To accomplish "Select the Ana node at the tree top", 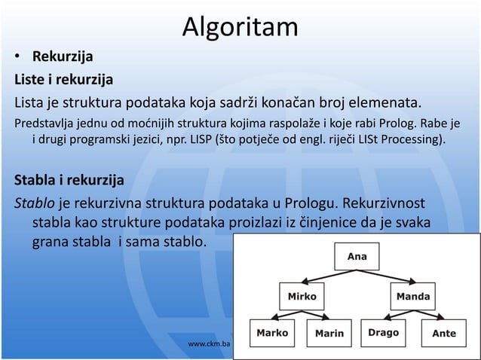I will point(357,257).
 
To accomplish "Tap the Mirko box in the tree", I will point(304,296).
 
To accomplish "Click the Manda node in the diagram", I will point(413,296).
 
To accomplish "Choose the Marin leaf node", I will point(329,332).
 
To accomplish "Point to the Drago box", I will point(383,332).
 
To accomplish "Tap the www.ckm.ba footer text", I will point(208,343).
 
